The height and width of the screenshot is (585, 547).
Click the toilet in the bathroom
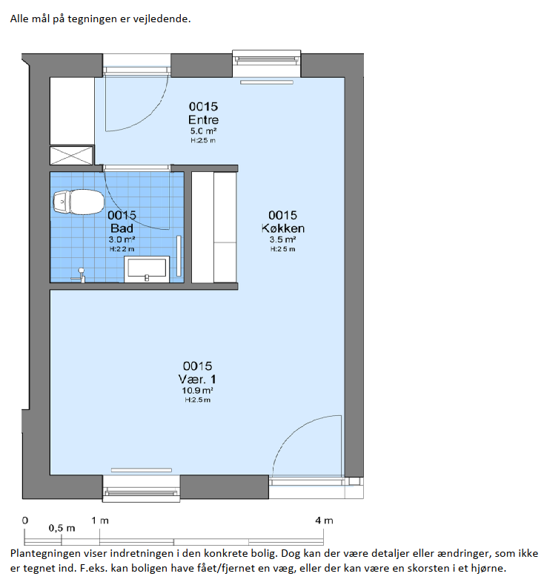79,202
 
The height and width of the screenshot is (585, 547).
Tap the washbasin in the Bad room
147,269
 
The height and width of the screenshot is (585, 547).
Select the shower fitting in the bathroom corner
79,275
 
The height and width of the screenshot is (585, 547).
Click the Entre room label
203,120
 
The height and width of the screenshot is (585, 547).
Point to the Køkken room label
283,228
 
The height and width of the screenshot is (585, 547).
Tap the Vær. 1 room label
197,379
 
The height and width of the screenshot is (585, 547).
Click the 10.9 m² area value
197,391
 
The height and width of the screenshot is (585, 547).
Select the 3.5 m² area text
283,239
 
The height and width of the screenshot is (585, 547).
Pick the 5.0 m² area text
203,131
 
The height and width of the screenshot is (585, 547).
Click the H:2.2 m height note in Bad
122,249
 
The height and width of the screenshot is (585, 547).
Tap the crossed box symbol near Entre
71,155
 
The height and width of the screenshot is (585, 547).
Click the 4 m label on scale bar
324,520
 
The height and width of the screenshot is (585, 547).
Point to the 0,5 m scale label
62,529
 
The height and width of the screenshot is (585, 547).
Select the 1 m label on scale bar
100,520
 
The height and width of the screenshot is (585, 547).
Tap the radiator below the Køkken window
267,82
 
